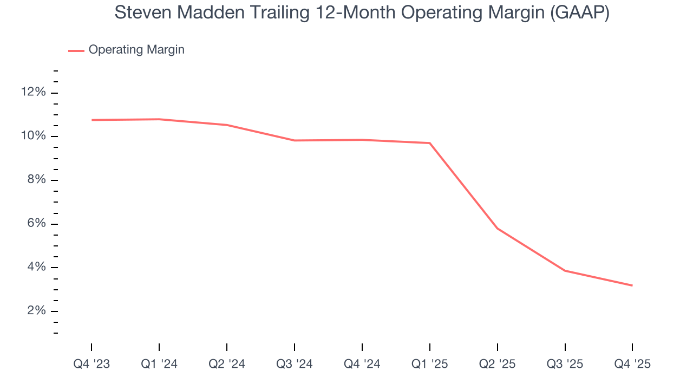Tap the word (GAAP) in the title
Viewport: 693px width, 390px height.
point(579,12)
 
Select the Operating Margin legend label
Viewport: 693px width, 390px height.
point(136,50)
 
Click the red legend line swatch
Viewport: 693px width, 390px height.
point(76,50)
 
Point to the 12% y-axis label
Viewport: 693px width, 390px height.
point(33,93)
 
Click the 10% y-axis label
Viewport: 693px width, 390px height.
point(33,136)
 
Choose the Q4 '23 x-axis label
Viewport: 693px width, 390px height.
point(91,365)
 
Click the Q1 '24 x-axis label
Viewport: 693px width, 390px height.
point(159,365)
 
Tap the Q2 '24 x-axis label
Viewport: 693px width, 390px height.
point(227,365)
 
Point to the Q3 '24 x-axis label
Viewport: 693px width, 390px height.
point(295,365)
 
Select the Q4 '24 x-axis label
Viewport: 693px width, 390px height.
point(362,365)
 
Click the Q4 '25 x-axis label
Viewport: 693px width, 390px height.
point(632,365)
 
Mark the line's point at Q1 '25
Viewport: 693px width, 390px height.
point(430,143)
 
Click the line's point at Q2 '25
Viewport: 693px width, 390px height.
point(497,229)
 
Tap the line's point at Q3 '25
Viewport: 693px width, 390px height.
point(565,271)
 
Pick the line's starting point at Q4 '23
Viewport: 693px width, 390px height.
point(92,120)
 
